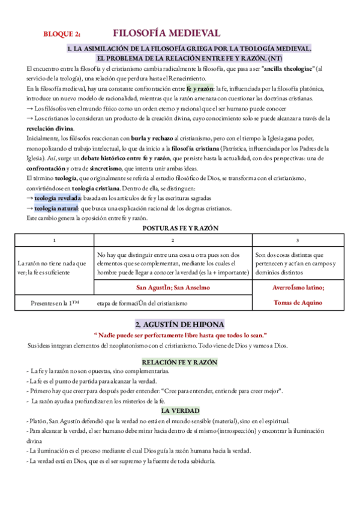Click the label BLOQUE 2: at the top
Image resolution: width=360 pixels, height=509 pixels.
[x=62, y=35]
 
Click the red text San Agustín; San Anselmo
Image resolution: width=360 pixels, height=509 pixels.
[x=173, y=288]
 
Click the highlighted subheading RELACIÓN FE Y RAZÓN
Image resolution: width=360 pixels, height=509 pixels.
[x=179, y=362]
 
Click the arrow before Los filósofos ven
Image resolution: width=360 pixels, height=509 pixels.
[x=31, y=109]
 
